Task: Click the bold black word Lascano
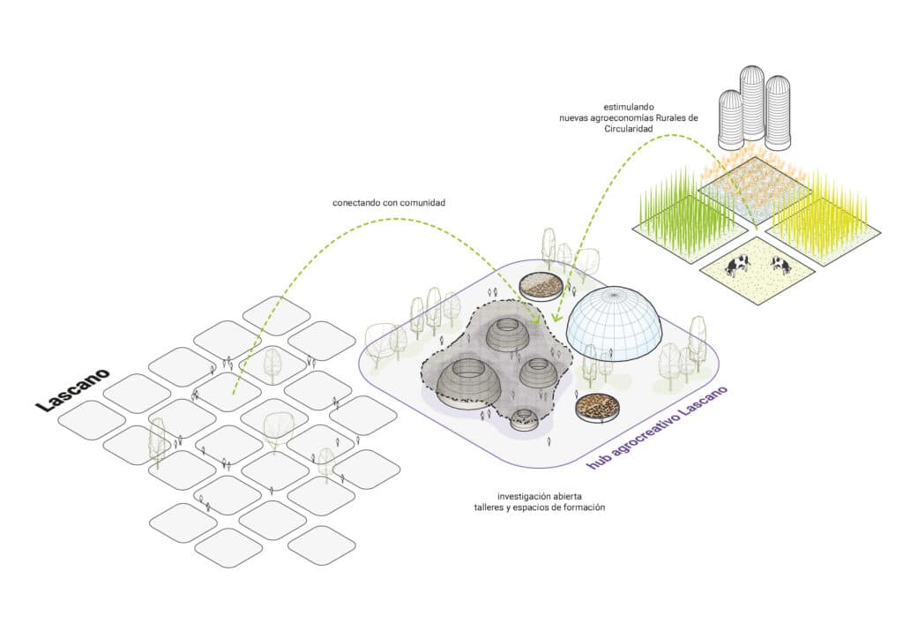pos(73,390)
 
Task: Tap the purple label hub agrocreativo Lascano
pos(657,427)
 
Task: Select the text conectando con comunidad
pos(389,203)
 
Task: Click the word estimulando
pos(628,107)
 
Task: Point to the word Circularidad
pos(628,129)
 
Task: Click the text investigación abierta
pos(540,496)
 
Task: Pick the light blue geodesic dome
pos(614,321)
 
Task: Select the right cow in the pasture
pos(781,265)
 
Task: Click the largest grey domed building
pos(467,384)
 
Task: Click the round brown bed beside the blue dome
pos(541,285)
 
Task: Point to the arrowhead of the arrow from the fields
pos(556,318)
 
